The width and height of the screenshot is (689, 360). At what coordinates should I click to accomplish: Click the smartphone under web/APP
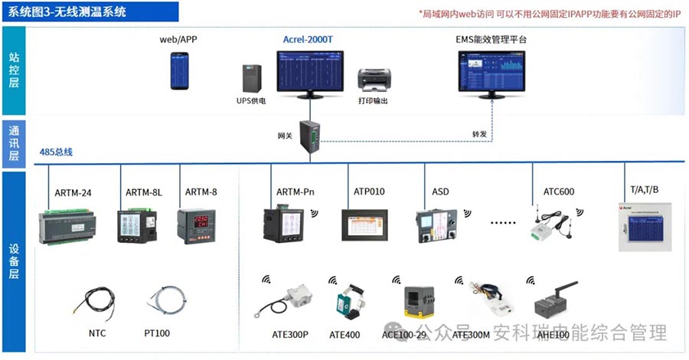179,71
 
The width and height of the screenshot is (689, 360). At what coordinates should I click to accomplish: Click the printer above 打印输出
374,80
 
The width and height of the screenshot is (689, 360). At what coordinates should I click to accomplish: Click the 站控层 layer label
14,70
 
